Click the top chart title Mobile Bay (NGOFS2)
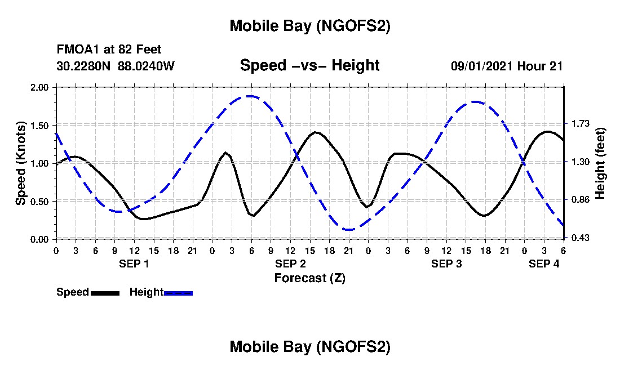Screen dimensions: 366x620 [309, 26]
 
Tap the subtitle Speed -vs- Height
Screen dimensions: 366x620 [309, 65]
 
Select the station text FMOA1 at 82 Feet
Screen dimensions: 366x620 [109, 50]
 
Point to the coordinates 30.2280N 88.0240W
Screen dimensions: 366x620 [116, 66]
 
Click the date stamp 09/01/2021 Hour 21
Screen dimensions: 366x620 [507, 66]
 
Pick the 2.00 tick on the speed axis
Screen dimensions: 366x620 [40, 87]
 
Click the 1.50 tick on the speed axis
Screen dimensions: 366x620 [40, 125]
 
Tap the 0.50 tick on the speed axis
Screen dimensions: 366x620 [40, 201]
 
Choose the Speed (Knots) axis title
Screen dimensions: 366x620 [21, 163]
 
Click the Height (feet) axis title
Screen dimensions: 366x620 [600, 163]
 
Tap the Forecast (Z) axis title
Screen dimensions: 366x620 [309, 278]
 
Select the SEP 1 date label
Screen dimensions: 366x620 [134, 264]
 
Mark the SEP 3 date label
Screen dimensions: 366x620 [446, 264]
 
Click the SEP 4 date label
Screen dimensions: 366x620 [544, 264]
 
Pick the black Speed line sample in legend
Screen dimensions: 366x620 [105, 293]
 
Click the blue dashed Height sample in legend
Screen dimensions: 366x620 [178, 293]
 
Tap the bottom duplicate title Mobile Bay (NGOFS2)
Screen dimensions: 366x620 [309, 347]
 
